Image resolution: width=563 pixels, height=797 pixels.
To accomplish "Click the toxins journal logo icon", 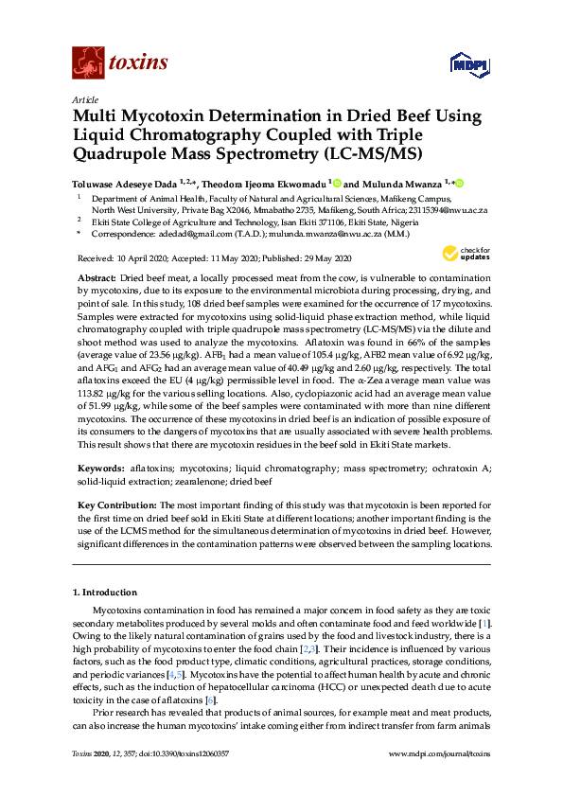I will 88,62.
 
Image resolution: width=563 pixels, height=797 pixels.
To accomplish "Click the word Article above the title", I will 84,98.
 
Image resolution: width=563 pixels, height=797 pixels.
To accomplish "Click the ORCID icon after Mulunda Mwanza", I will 461,183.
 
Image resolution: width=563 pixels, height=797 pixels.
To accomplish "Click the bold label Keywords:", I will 101,469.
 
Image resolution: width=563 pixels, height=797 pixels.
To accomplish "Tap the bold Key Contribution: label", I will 116,505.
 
